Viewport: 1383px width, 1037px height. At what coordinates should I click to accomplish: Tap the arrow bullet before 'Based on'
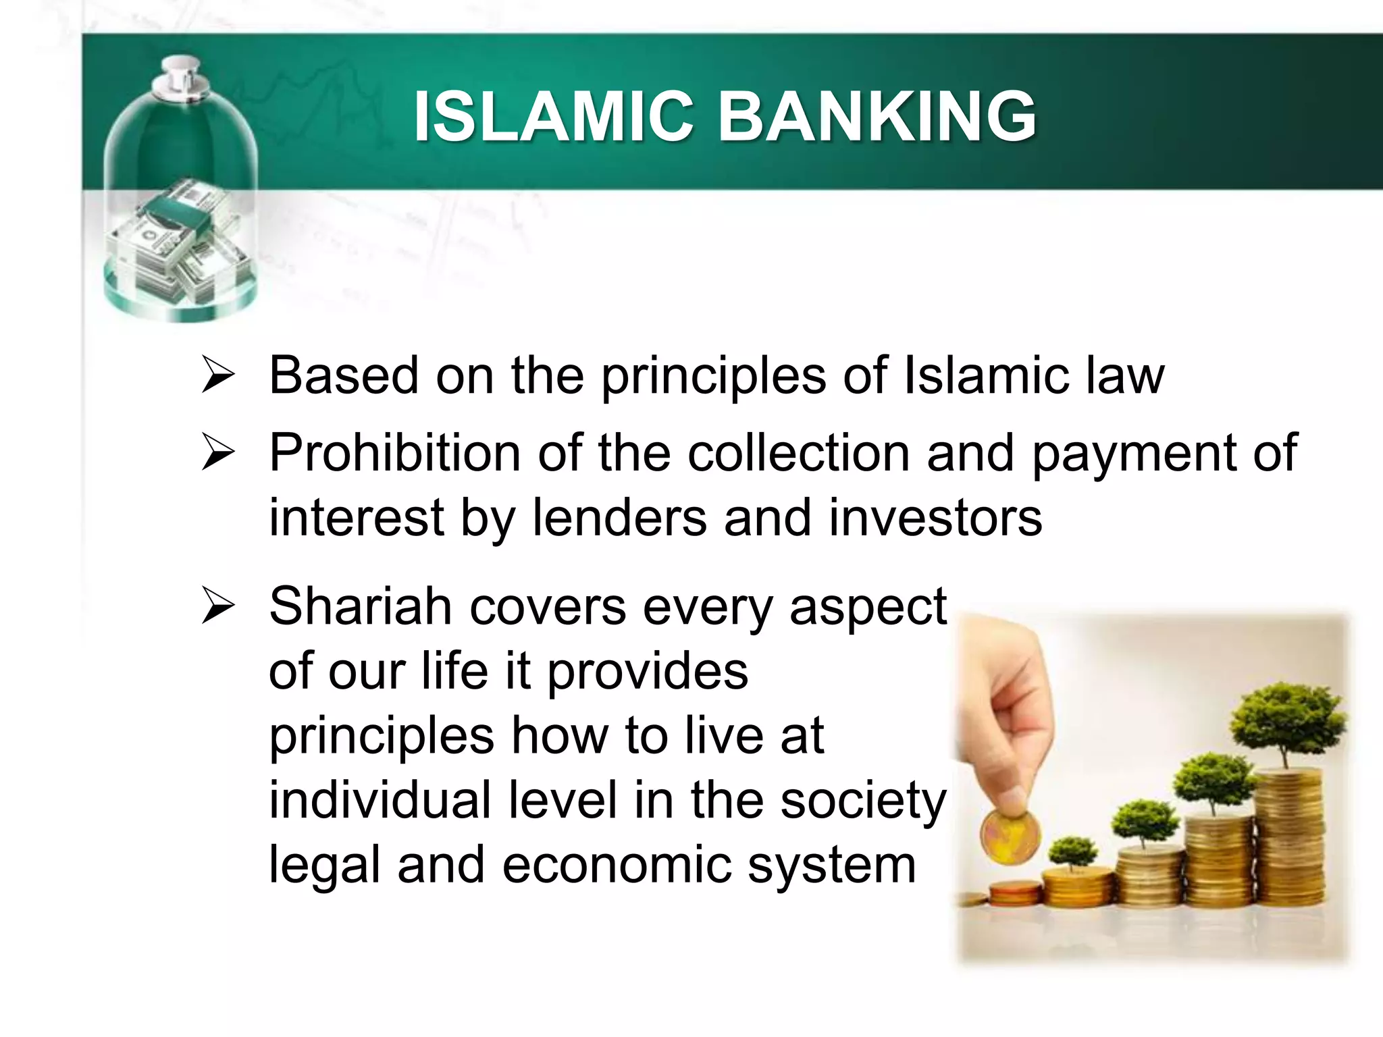click(x=217, y=376)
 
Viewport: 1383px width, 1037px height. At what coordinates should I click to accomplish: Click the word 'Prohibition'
click(x=394, y=452)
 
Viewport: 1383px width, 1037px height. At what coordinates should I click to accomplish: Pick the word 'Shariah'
click(x=360, y=606)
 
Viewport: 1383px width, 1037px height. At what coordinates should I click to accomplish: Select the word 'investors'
click(x=935, y=518)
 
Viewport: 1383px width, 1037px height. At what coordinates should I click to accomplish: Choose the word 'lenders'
click(x=619, y=518)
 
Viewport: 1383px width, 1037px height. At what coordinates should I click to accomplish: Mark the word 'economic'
click(x=616, y=865)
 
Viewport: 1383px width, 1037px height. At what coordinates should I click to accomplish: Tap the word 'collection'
click(x=798, y=452)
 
